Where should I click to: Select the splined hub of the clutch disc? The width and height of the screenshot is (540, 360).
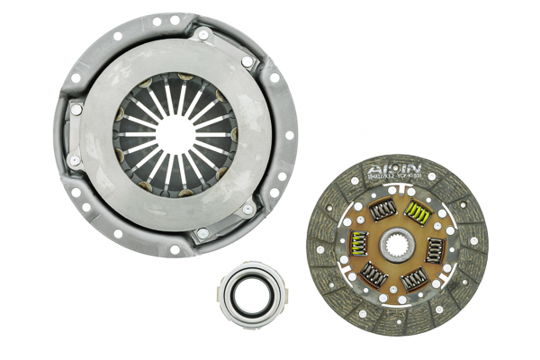(x=397, y=245)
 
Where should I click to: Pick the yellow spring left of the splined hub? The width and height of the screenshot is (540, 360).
(x=358, y=243)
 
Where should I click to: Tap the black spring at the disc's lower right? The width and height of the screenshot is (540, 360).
(x=415, y=280)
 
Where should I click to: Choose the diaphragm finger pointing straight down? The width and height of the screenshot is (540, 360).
(x=175, y=173)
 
